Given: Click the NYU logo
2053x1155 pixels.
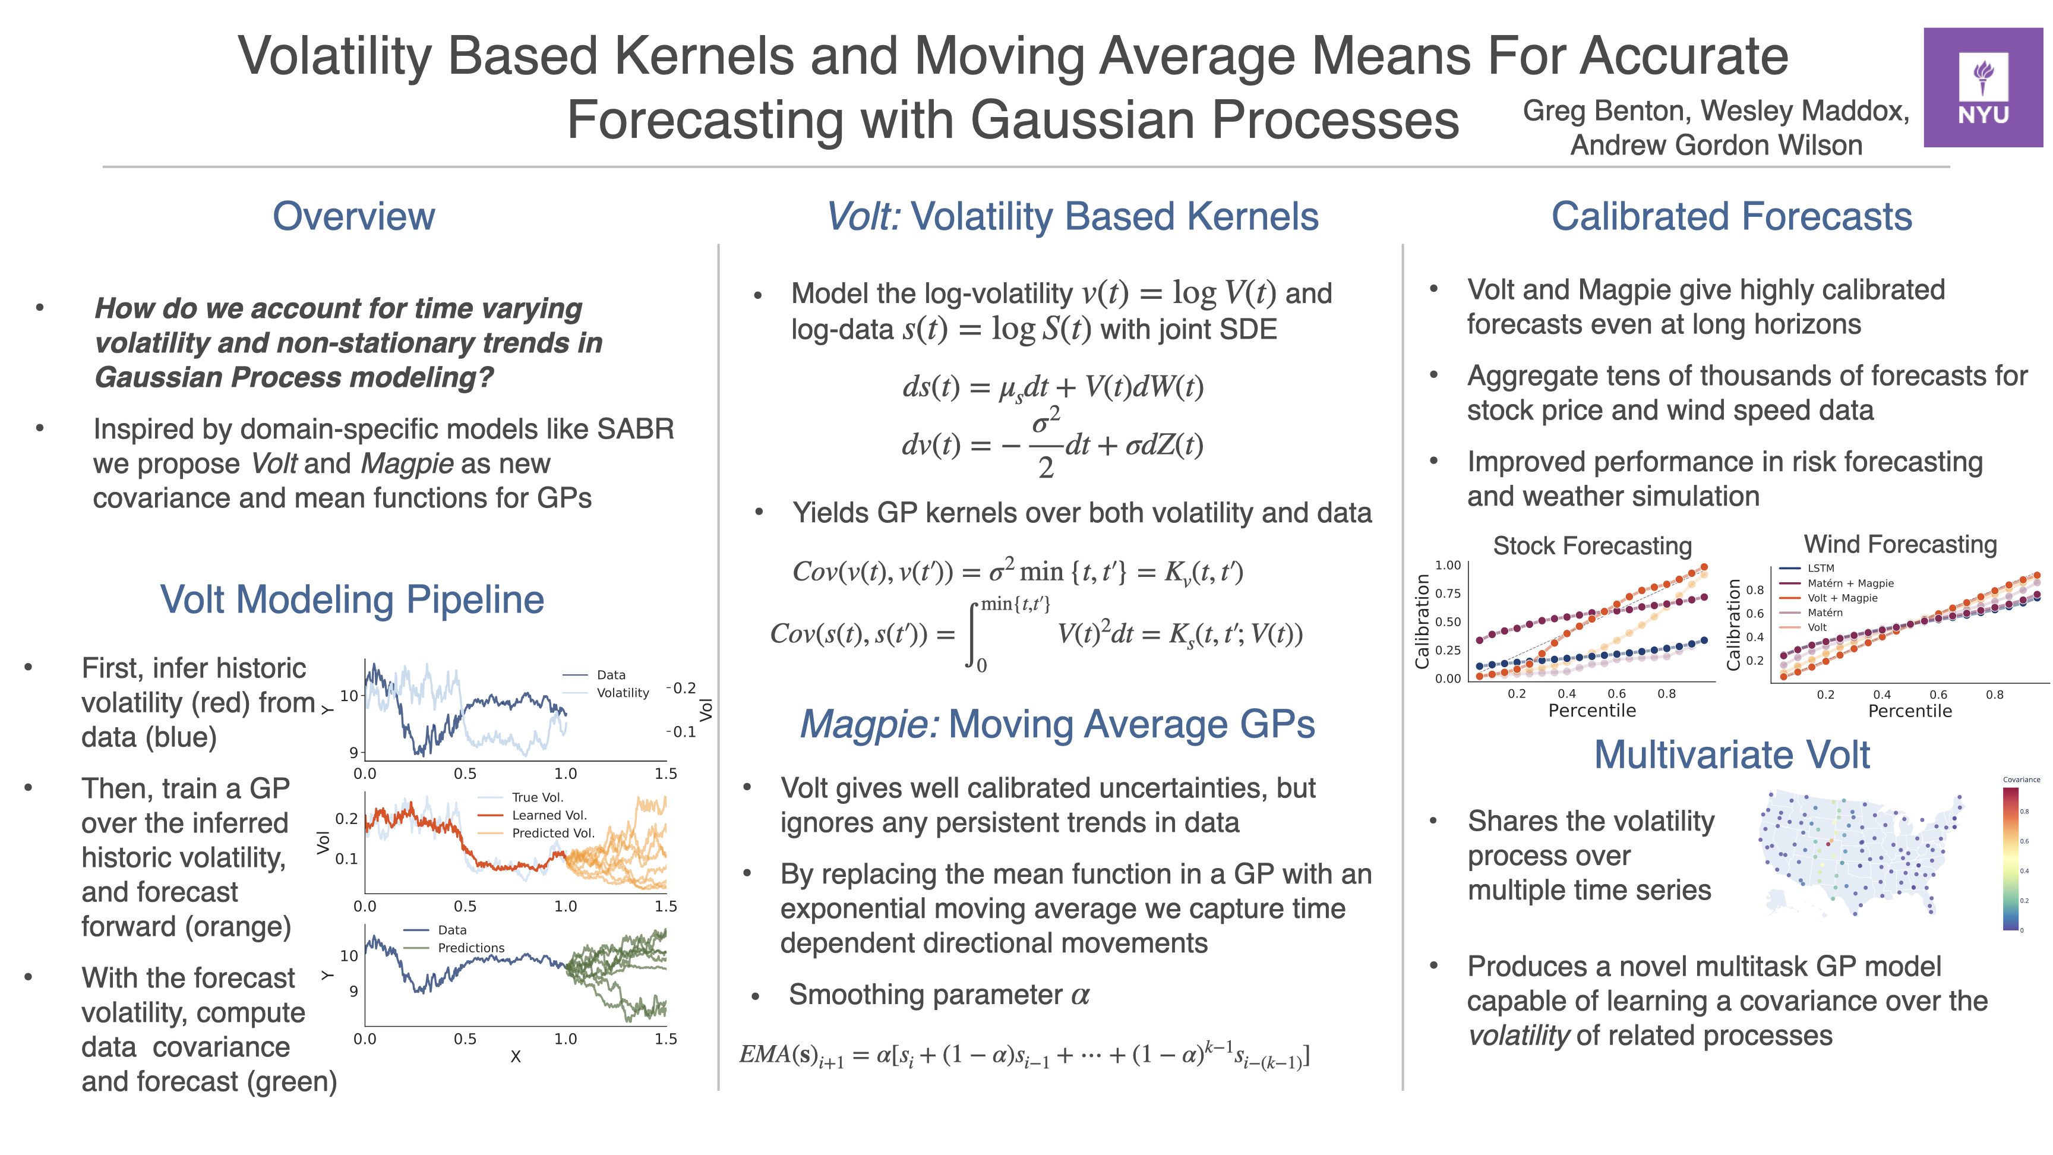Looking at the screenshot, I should (x=1982, y=88).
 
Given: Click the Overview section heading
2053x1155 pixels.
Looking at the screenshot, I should (x=354, y=216).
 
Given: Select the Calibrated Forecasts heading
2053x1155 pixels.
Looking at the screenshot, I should (x=1731, y=216).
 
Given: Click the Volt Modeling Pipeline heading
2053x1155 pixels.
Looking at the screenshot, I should (x=352, y=599).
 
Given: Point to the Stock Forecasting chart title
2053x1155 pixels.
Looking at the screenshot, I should (x=1591, y=546).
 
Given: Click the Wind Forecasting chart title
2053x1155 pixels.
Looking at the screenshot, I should (x=1900, y=544).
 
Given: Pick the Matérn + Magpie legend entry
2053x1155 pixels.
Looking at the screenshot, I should (x=1850, y=583).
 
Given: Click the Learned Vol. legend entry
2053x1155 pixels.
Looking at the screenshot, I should (x=548, y=815).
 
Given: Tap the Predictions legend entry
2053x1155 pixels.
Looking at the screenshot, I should (x=470, y=948).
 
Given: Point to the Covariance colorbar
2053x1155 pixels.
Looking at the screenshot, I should (x=2010, y=859).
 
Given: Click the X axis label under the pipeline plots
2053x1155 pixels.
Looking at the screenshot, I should (x=516, y=1057).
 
